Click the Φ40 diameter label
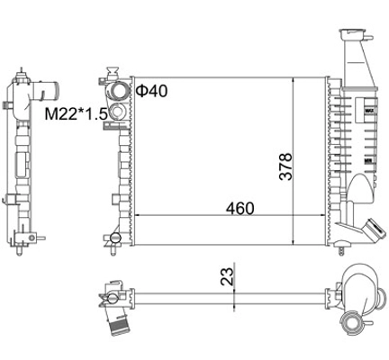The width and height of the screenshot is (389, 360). [151, 91]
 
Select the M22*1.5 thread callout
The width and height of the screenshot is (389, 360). [77, 114]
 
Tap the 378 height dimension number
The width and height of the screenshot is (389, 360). [285, 166]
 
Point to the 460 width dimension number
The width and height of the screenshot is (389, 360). [240, 208]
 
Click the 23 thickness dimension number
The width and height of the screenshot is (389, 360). [227, 276]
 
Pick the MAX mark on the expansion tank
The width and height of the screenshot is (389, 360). [369, 111]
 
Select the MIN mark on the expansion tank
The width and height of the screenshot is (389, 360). [369, 161]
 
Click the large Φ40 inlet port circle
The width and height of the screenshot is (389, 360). [118, 91]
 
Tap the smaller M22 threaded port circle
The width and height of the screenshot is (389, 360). [118, 112]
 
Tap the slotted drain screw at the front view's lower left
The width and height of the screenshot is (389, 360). [115, 238]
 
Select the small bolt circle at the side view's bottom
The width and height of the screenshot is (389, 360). [32, 238]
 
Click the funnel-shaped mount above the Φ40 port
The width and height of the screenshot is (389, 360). [113, 72]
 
